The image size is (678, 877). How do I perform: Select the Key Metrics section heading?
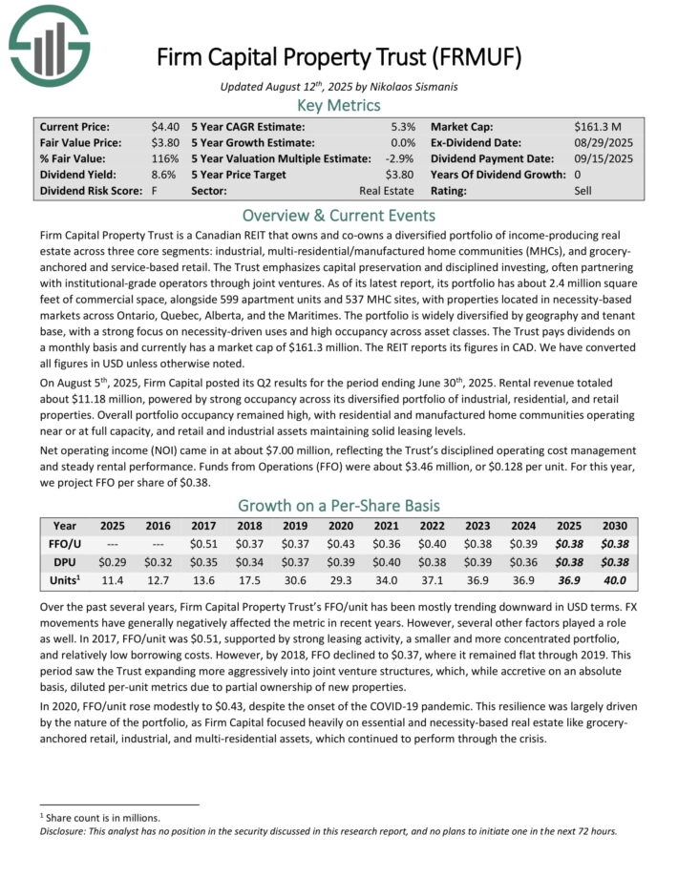tap(338, 105)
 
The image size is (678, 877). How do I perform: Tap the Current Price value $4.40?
tap(165, 126)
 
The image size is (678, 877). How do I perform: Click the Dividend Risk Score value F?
tap(155, 191)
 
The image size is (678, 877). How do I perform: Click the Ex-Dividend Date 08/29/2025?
tap(606, 142)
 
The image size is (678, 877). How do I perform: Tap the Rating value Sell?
tap(584, 191)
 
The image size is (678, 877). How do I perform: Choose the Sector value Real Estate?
tap(387, 191)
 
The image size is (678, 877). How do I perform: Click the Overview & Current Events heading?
tap(338, 215)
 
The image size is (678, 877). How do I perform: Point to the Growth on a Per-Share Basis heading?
tap(338, 505)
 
